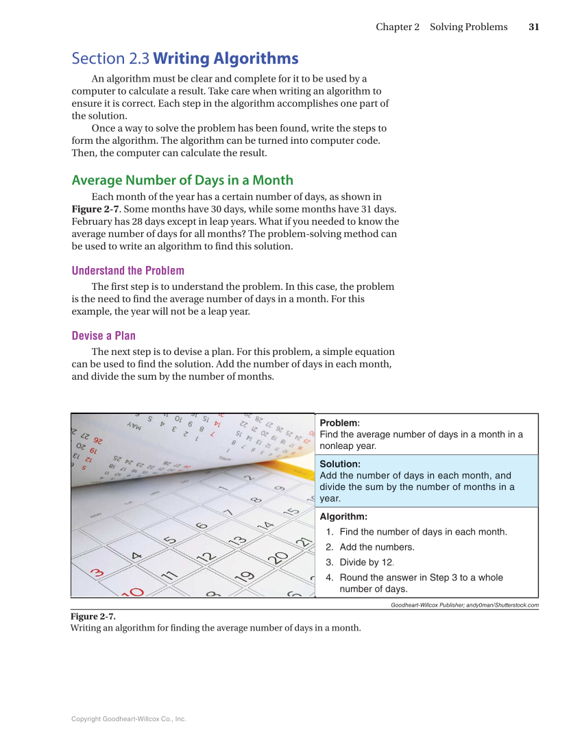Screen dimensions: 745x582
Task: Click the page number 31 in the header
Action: pyautogui.click(x=534, y=27)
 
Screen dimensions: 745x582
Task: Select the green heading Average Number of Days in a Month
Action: pyautogui.click(x=182, y=180)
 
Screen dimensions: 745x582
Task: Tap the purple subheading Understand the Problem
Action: pyautogui.click(x=128, y=271)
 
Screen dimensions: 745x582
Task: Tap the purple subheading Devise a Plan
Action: pyautogui.click(x=104, y=336)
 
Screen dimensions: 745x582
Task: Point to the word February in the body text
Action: pyautogui.click(x=92, y=221)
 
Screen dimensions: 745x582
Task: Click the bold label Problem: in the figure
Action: pyautogui.click(x=339, y=423)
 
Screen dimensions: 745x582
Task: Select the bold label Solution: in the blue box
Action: pyautogui.click(x=340, y=464)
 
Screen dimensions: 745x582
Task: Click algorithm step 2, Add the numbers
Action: pyautogui.click(x=376, y=547)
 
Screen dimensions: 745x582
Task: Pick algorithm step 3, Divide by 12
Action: pyautogui.click(x=366, y=563)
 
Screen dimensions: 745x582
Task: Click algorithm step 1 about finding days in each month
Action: pyautogui.click(x=423, y=532)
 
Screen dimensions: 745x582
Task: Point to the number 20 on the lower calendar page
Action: pyautogui.click(x=278, y=557)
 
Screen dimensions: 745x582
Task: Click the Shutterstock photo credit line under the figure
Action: pyautogui.click(x=464, y=605)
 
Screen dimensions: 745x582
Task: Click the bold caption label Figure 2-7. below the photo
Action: pyautogui.click(x=93, y=616)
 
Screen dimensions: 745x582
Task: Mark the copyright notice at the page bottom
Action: pyautogui.click(x=128, y=719)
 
